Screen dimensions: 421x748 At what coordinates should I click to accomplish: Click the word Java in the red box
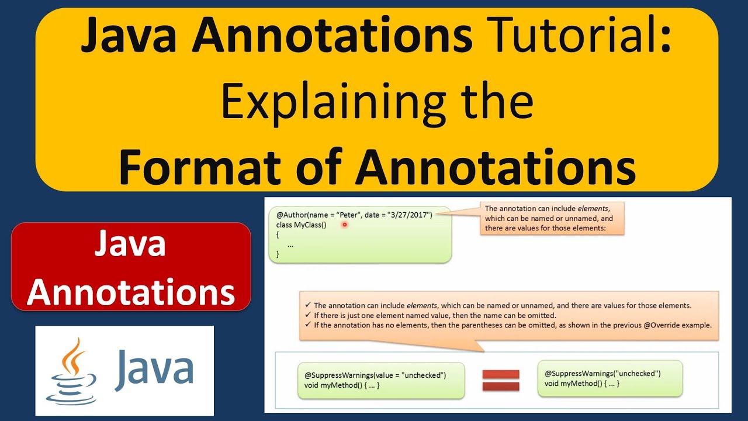[131, 245]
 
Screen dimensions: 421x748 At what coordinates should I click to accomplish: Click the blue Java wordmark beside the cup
[154, 369]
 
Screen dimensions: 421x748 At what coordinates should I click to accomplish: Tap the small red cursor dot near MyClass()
[345, 225]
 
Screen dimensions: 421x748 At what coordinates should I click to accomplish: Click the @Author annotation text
[293, 215]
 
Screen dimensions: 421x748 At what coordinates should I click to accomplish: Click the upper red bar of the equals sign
[500, 374]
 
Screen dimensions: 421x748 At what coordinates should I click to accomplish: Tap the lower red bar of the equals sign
[500, 386]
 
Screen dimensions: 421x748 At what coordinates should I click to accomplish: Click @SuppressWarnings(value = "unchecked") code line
[375, 375]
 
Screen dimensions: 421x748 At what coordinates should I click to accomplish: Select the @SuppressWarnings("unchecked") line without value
[602, 373]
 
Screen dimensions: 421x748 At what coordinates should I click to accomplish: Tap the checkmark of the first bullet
[308, 305]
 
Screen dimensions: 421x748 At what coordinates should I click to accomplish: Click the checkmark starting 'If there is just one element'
[308, 315]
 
